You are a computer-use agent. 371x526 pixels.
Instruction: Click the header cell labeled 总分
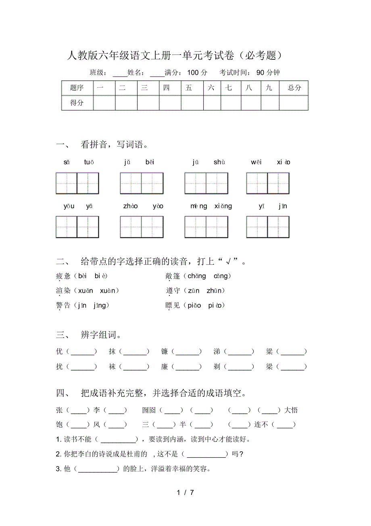tap(294, 88)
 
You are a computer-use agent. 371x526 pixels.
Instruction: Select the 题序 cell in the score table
tap(77, 88)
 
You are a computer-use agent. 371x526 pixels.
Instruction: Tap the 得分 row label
tap(77, 103)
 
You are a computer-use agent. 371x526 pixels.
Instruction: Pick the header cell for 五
tap(189, 88)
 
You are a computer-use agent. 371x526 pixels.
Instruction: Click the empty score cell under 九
tap(269, 103)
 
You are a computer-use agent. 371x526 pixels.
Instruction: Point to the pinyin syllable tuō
tap(89, 162)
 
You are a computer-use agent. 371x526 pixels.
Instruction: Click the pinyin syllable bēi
tap(150, 162)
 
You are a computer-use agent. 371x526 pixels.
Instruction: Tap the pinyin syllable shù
tap(219, 162)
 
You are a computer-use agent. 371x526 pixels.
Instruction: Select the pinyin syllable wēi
tap(256, 162)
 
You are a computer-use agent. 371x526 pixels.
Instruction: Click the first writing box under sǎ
tap(67, 183)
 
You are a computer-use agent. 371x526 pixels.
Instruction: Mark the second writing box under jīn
tap(279, 227)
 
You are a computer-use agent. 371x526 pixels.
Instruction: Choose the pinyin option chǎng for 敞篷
tap(196, 276)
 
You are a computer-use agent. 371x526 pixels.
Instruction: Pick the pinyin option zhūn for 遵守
tap(215, 291)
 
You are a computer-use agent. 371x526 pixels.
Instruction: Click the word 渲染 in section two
tap(63, 291)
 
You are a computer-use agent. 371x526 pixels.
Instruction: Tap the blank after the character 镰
tap(188, 352)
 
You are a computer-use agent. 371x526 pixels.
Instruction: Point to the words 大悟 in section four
tap(291, 411)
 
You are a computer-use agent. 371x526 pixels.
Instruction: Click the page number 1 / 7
tap(185, 492)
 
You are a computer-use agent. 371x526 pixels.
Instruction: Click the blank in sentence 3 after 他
tap(98, 469)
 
